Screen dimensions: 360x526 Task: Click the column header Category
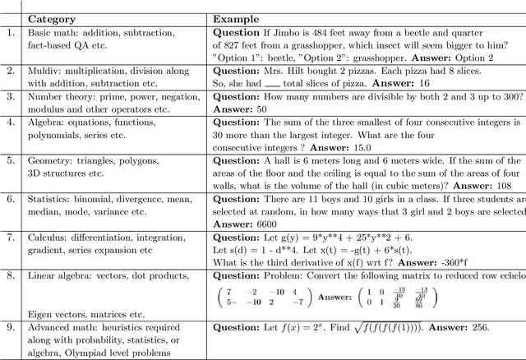click(x=52, y=18)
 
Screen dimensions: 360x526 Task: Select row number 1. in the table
click(x=11, y=34)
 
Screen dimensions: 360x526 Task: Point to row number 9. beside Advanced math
click(x=11, y=328)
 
